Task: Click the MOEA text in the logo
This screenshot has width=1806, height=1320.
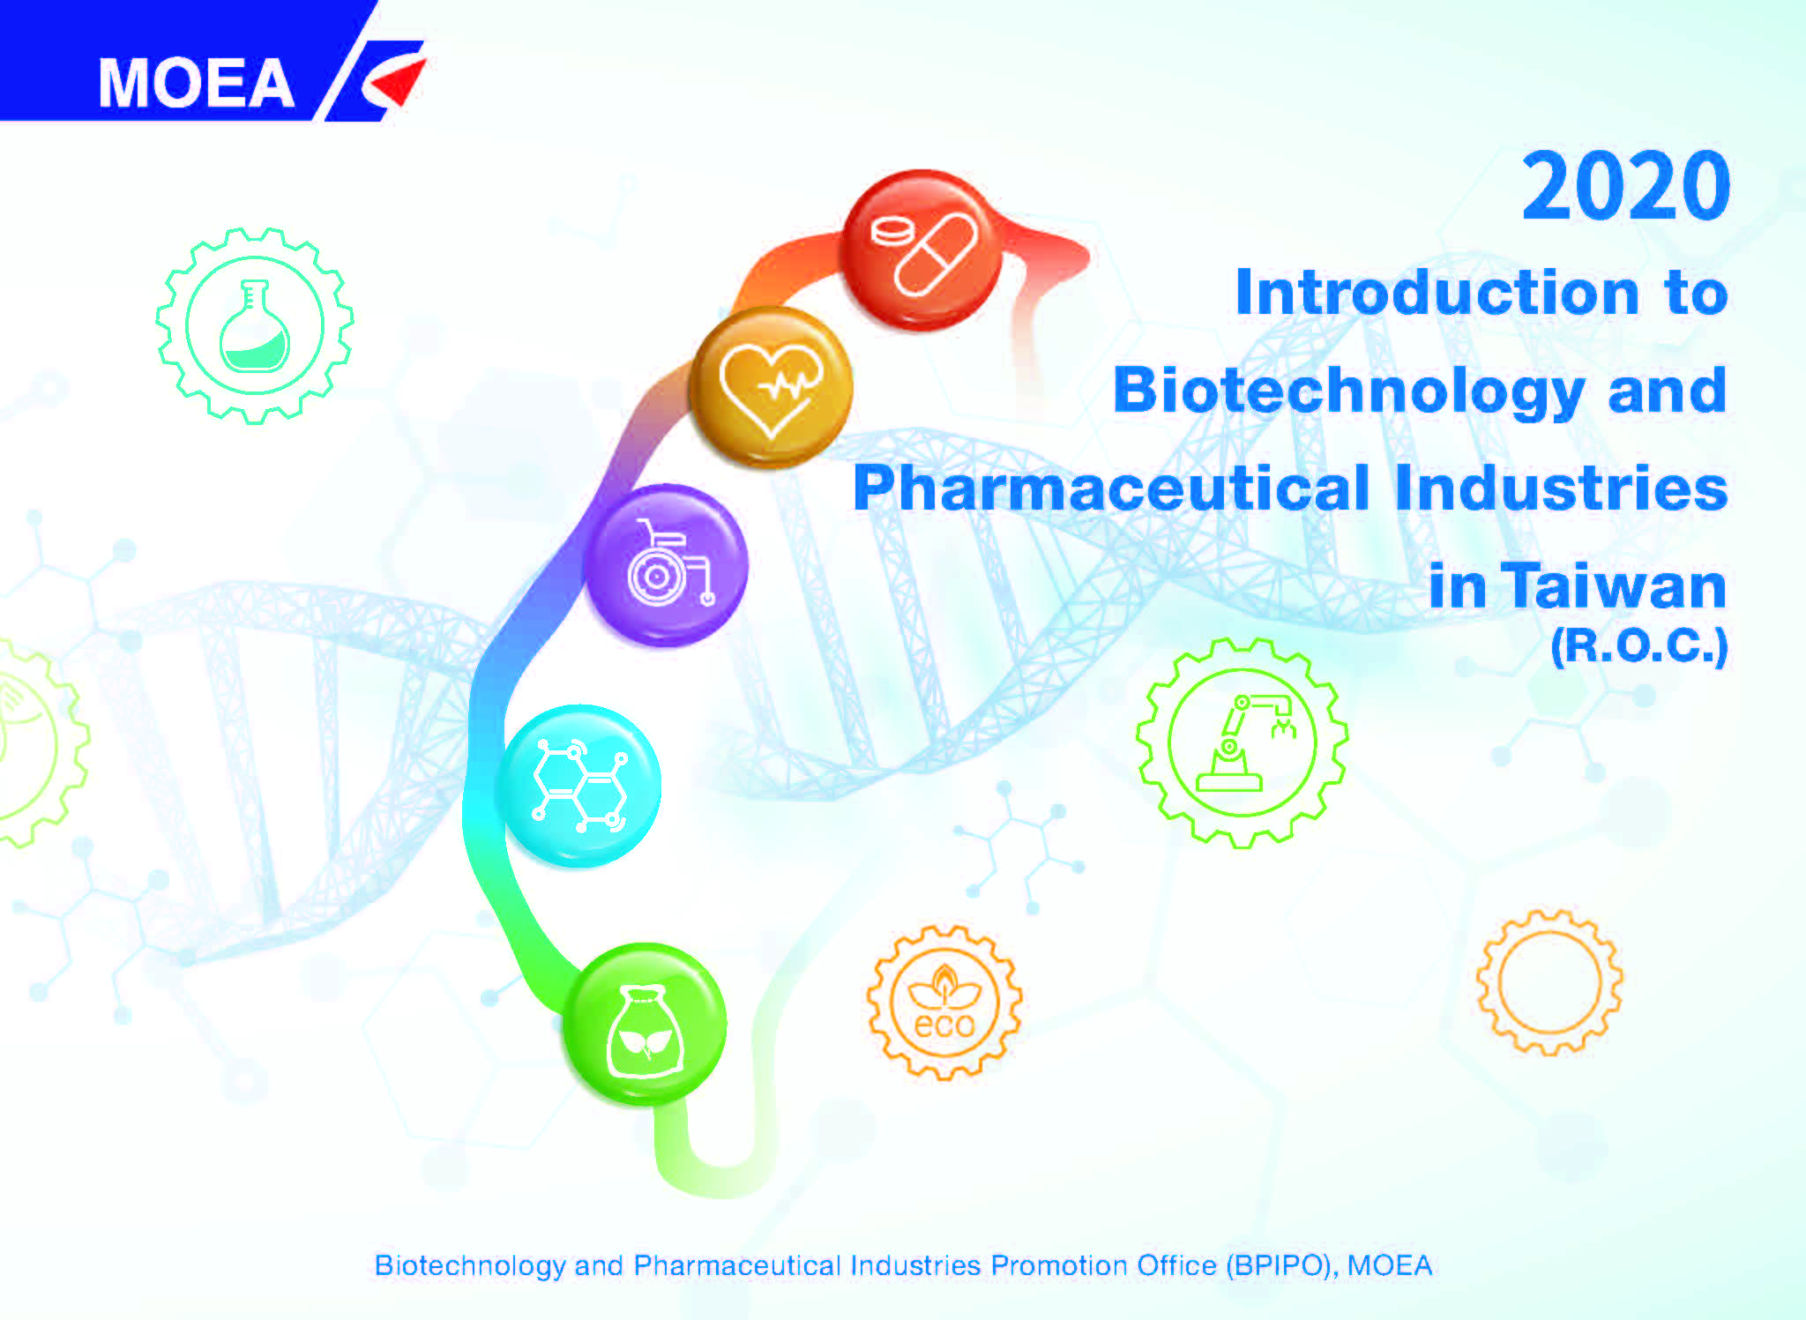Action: tap(196, 84)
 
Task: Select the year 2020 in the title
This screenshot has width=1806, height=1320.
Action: tap(1625, 186)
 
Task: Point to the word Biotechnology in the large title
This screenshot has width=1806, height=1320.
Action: tap(1348, 392)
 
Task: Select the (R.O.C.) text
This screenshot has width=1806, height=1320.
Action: tap(1638, 646)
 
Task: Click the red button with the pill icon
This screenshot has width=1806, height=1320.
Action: tap(922, 251)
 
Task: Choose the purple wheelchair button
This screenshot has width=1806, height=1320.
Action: tap(667, 565)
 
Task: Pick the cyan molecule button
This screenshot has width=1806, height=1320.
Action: tap(578, 786)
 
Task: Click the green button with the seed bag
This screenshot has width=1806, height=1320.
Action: tap(645, 1024)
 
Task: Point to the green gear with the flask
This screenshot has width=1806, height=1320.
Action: tap(255, 325)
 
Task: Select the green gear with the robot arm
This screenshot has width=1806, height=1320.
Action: tap(1243, 743)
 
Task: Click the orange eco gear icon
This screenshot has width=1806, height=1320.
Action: tap(944, 1003)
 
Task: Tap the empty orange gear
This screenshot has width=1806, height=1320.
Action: tap(1549, 982)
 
